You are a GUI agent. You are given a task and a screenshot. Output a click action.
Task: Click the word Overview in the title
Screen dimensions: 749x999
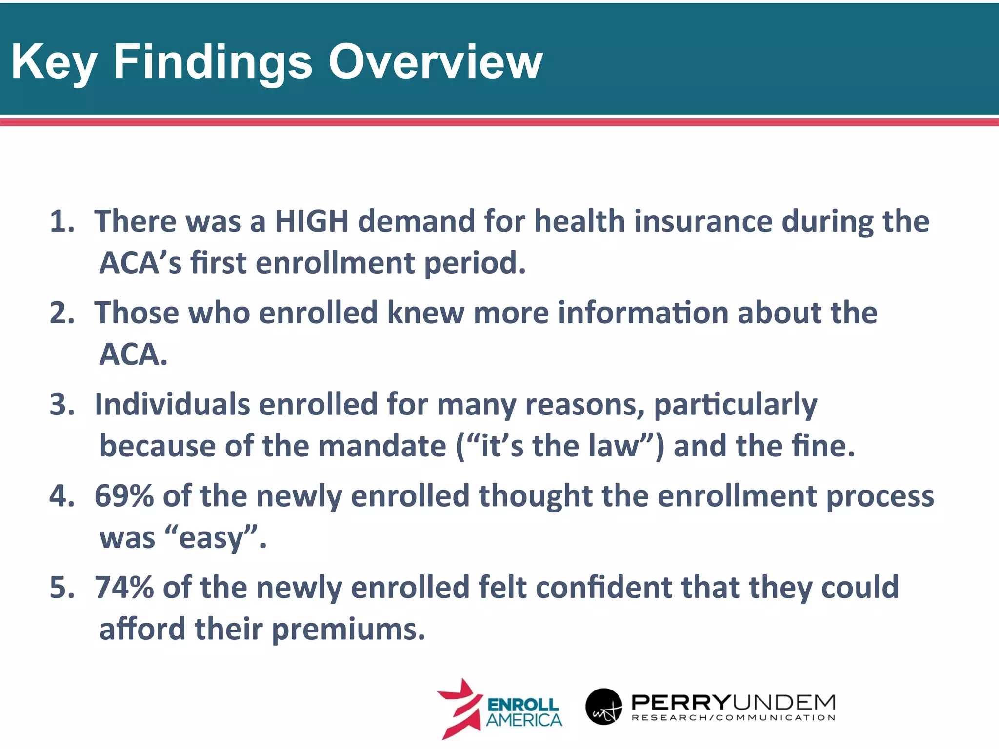pos(435,62)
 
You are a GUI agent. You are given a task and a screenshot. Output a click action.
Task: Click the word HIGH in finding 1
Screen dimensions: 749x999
pos(312,221)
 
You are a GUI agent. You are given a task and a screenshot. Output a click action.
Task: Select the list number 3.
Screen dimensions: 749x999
pos(62,404)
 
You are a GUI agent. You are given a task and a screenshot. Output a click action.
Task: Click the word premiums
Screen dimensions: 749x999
pos(348,629)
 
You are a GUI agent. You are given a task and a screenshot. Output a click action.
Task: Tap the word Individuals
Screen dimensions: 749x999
pos(172,404)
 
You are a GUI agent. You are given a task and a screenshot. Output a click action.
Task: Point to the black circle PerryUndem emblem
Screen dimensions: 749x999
pos(603,707)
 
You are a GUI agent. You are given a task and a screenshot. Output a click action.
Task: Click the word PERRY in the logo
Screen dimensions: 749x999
pos(680,703)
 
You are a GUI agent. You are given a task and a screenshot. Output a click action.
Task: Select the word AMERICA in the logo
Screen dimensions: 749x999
pos(524,720)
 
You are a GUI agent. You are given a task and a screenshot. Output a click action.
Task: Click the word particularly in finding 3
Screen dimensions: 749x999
pos(735,405)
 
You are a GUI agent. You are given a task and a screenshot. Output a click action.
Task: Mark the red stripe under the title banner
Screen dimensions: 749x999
pos(499,122)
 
